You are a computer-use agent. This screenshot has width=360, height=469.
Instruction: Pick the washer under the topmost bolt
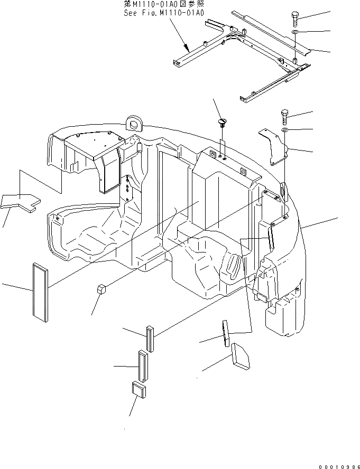(x=294, y=33)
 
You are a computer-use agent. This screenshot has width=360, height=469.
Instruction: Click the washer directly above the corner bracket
(x=284, y=129)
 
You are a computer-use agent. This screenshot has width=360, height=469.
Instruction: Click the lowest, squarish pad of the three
(x=138, y=391)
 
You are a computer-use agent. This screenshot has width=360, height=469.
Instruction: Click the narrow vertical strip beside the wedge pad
(x=225, y=332)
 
